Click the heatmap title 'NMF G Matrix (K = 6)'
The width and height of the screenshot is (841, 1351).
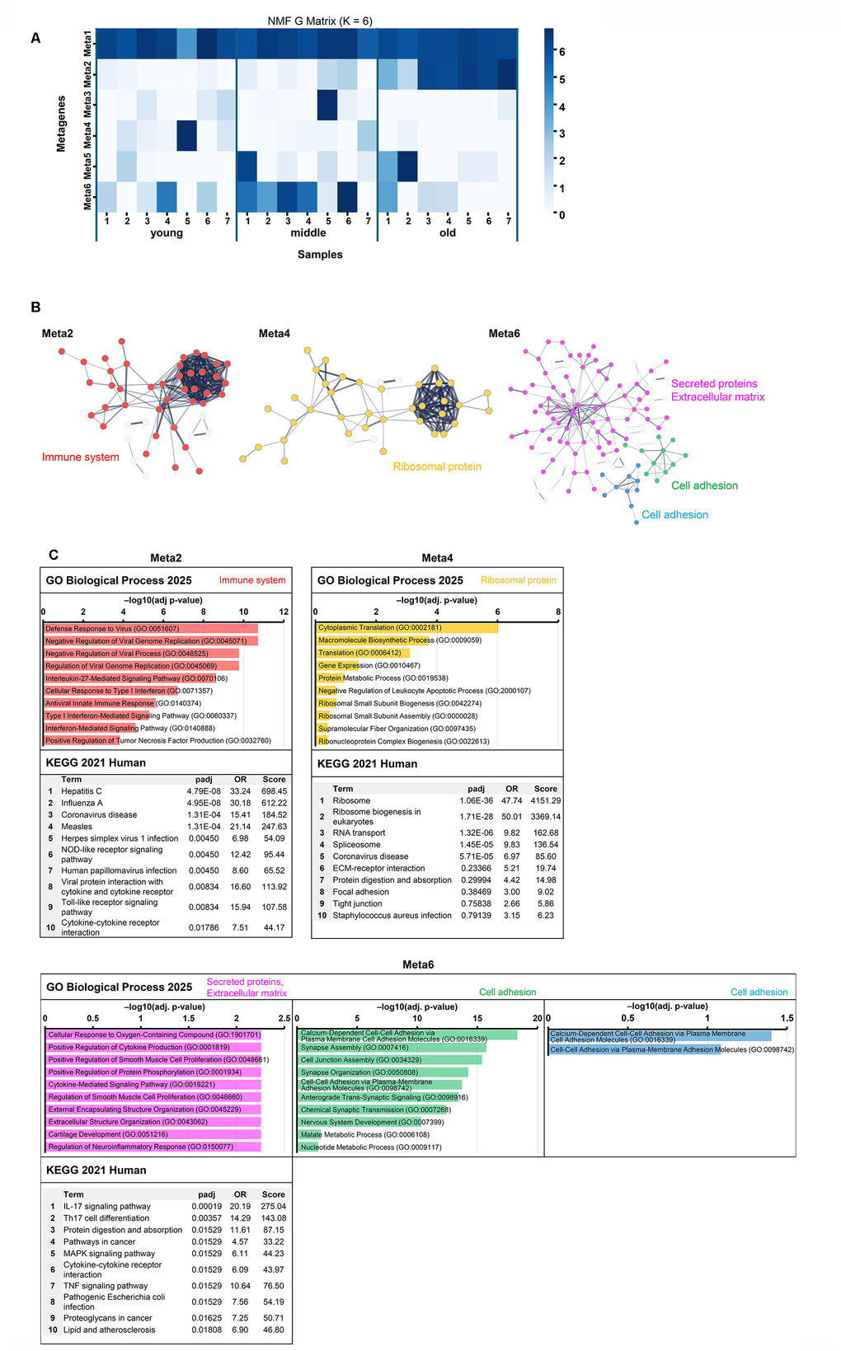(320, 21)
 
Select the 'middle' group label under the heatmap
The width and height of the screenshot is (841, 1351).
(308, 233)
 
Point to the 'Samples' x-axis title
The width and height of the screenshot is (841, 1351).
(320, 255)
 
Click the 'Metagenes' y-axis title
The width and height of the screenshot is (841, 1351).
(61, 124)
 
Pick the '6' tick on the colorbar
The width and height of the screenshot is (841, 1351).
(562, 52)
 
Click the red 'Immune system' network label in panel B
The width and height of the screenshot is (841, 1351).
(81, 457)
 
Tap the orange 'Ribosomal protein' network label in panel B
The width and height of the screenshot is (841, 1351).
(437, 467)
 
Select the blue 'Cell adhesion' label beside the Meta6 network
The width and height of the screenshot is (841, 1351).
(674, 515)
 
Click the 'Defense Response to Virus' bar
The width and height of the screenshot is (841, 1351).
(150, 629)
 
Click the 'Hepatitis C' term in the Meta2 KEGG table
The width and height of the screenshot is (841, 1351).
(82, 791)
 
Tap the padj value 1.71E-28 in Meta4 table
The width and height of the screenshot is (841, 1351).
(476, 817)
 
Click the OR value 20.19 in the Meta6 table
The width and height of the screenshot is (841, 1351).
(240, 1207)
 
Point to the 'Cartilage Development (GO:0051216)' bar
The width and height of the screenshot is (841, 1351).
(153, 1135)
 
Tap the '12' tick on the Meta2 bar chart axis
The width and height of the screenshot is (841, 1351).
(284, 612)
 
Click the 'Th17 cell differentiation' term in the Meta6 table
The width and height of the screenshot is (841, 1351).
(106, 1218)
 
